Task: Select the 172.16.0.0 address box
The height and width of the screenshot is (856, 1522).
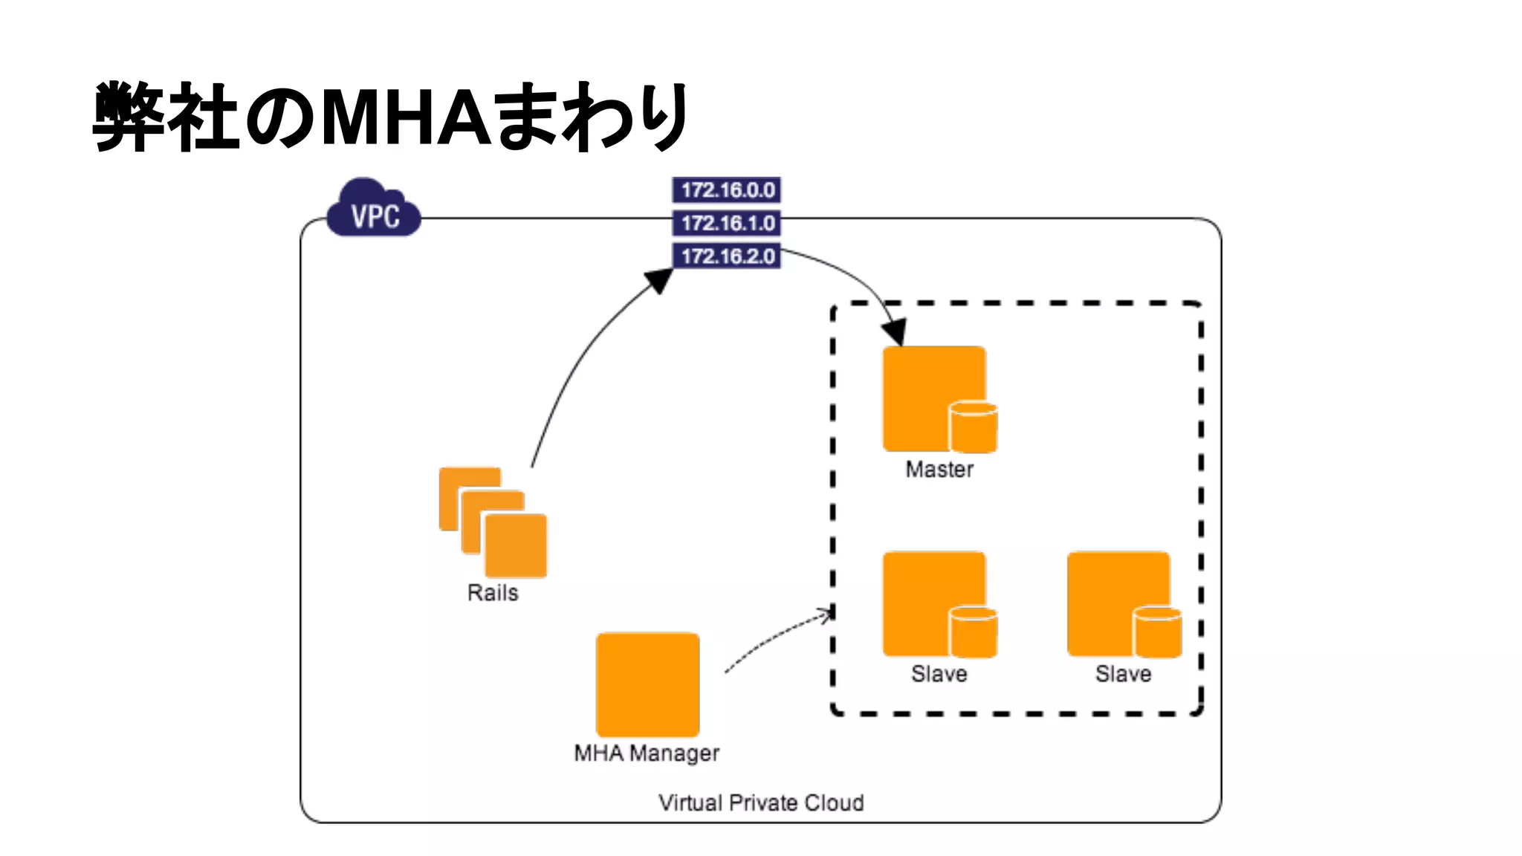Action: point(726,190)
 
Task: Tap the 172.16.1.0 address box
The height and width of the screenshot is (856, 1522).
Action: point(726,223)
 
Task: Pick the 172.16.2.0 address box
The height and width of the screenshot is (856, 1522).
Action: point(726,256)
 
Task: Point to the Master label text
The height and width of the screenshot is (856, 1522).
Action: point(939,470)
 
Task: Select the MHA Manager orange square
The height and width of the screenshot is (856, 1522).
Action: point(647,684)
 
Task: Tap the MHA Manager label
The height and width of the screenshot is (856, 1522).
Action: point(647,753)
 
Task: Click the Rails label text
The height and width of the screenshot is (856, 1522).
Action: point(493,593)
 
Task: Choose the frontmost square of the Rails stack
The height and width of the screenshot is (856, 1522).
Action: point(516,546)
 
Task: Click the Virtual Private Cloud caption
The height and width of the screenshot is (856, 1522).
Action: point(761,803)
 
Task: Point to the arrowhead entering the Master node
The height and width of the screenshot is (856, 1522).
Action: point(895,331)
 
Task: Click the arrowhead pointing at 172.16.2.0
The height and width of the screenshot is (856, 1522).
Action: point(659,280)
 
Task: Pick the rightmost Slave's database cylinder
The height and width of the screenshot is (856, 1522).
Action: point(1157,633)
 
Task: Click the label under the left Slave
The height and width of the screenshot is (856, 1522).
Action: point(939,674)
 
